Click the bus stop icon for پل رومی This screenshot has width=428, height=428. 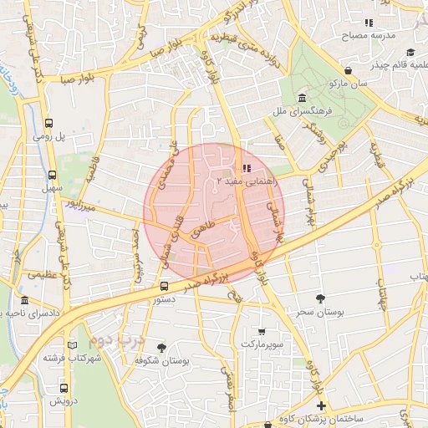pyautogui.click(x=50, y=120)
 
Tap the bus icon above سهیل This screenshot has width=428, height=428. pyautogui.click(x=53, y=176)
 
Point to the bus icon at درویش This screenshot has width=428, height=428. pyautogui.click(x=64, y=389)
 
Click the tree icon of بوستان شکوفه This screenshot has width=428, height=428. pyautogui.click(x=161, y=348)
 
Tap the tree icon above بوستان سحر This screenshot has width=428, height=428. pyautogui.click(x=321, y=298)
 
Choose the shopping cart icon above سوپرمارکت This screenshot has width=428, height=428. pyautogui.click(x=262, y=332)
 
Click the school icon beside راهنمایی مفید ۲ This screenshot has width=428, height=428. pyautogui.click(x=244, y=167)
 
